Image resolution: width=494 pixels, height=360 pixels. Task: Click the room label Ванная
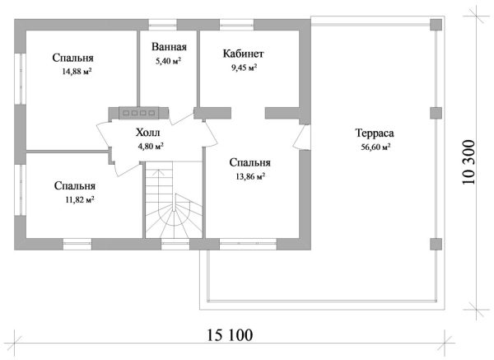click(x=168, y=48)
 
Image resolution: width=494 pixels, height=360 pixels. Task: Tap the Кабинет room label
click(x=243, y=54)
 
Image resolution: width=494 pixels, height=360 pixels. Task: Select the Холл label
click(x=150, y=132)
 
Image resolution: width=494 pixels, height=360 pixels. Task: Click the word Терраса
click(x=375, y=133)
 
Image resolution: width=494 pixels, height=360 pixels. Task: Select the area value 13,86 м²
click(x=250, y=176)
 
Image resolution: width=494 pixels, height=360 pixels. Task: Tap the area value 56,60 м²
click(x=375, y=147)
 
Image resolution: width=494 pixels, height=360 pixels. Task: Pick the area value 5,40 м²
click(x=168, y=61)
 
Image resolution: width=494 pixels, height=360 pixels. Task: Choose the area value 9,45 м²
click(x=243, y=68)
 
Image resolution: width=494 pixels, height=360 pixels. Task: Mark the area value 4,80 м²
click(x=150, y=146)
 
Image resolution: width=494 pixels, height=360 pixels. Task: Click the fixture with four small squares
click(x=139, y=112)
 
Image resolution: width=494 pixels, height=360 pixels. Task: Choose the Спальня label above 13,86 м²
click(x=250, y=162)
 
